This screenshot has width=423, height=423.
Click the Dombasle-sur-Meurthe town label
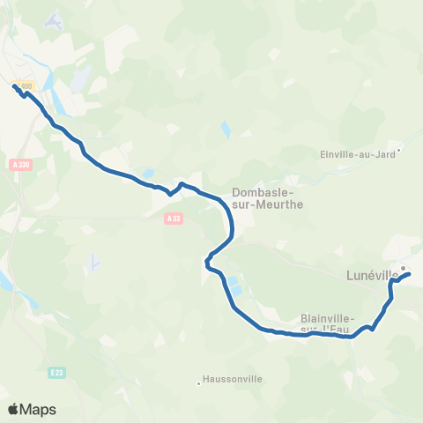[267, 198]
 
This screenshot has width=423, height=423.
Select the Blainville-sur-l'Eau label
[327, 323]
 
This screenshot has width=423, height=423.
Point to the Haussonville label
[232, 379]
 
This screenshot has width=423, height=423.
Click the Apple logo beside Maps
[14, 409]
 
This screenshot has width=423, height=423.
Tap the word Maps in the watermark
[38, 409]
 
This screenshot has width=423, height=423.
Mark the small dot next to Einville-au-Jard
[398, 150]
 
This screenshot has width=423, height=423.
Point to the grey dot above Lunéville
[403, 268]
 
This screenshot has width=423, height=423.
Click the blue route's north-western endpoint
[15, 85]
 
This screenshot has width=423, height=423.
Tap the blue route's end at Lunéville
[410, 276]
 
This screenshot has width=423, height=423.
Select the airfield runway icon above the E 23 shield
[93, 262]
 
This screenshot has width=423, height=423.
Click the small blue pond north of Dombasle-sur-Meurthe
[225, 132]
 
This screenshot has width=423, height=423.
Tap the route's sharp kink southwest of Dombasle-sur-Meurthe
[207, 261]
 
